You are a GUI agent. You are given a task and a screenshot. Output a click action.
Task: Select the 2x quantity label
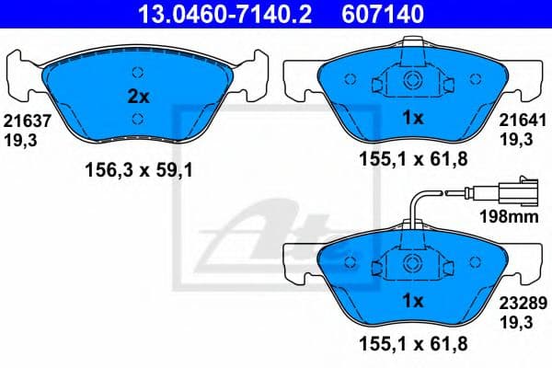(137, 95)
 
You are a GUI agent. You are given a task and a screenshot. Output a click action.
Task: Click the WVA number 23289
(516, 300)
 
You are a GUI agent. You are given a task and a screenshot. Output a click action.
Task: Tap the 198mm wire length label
(508, 218)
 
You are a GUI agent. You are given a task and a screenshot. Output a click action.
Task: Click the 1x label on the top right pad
(413, 118)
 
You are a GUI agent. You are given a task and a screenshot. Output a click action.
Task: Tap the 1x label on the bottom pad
(413, 301)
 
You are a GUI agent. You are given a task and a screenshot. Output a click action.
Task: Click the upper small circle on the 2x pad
(137, 74)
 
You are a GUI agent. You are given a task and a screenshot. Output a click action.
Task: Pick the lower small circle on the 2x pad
(137, 117)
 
